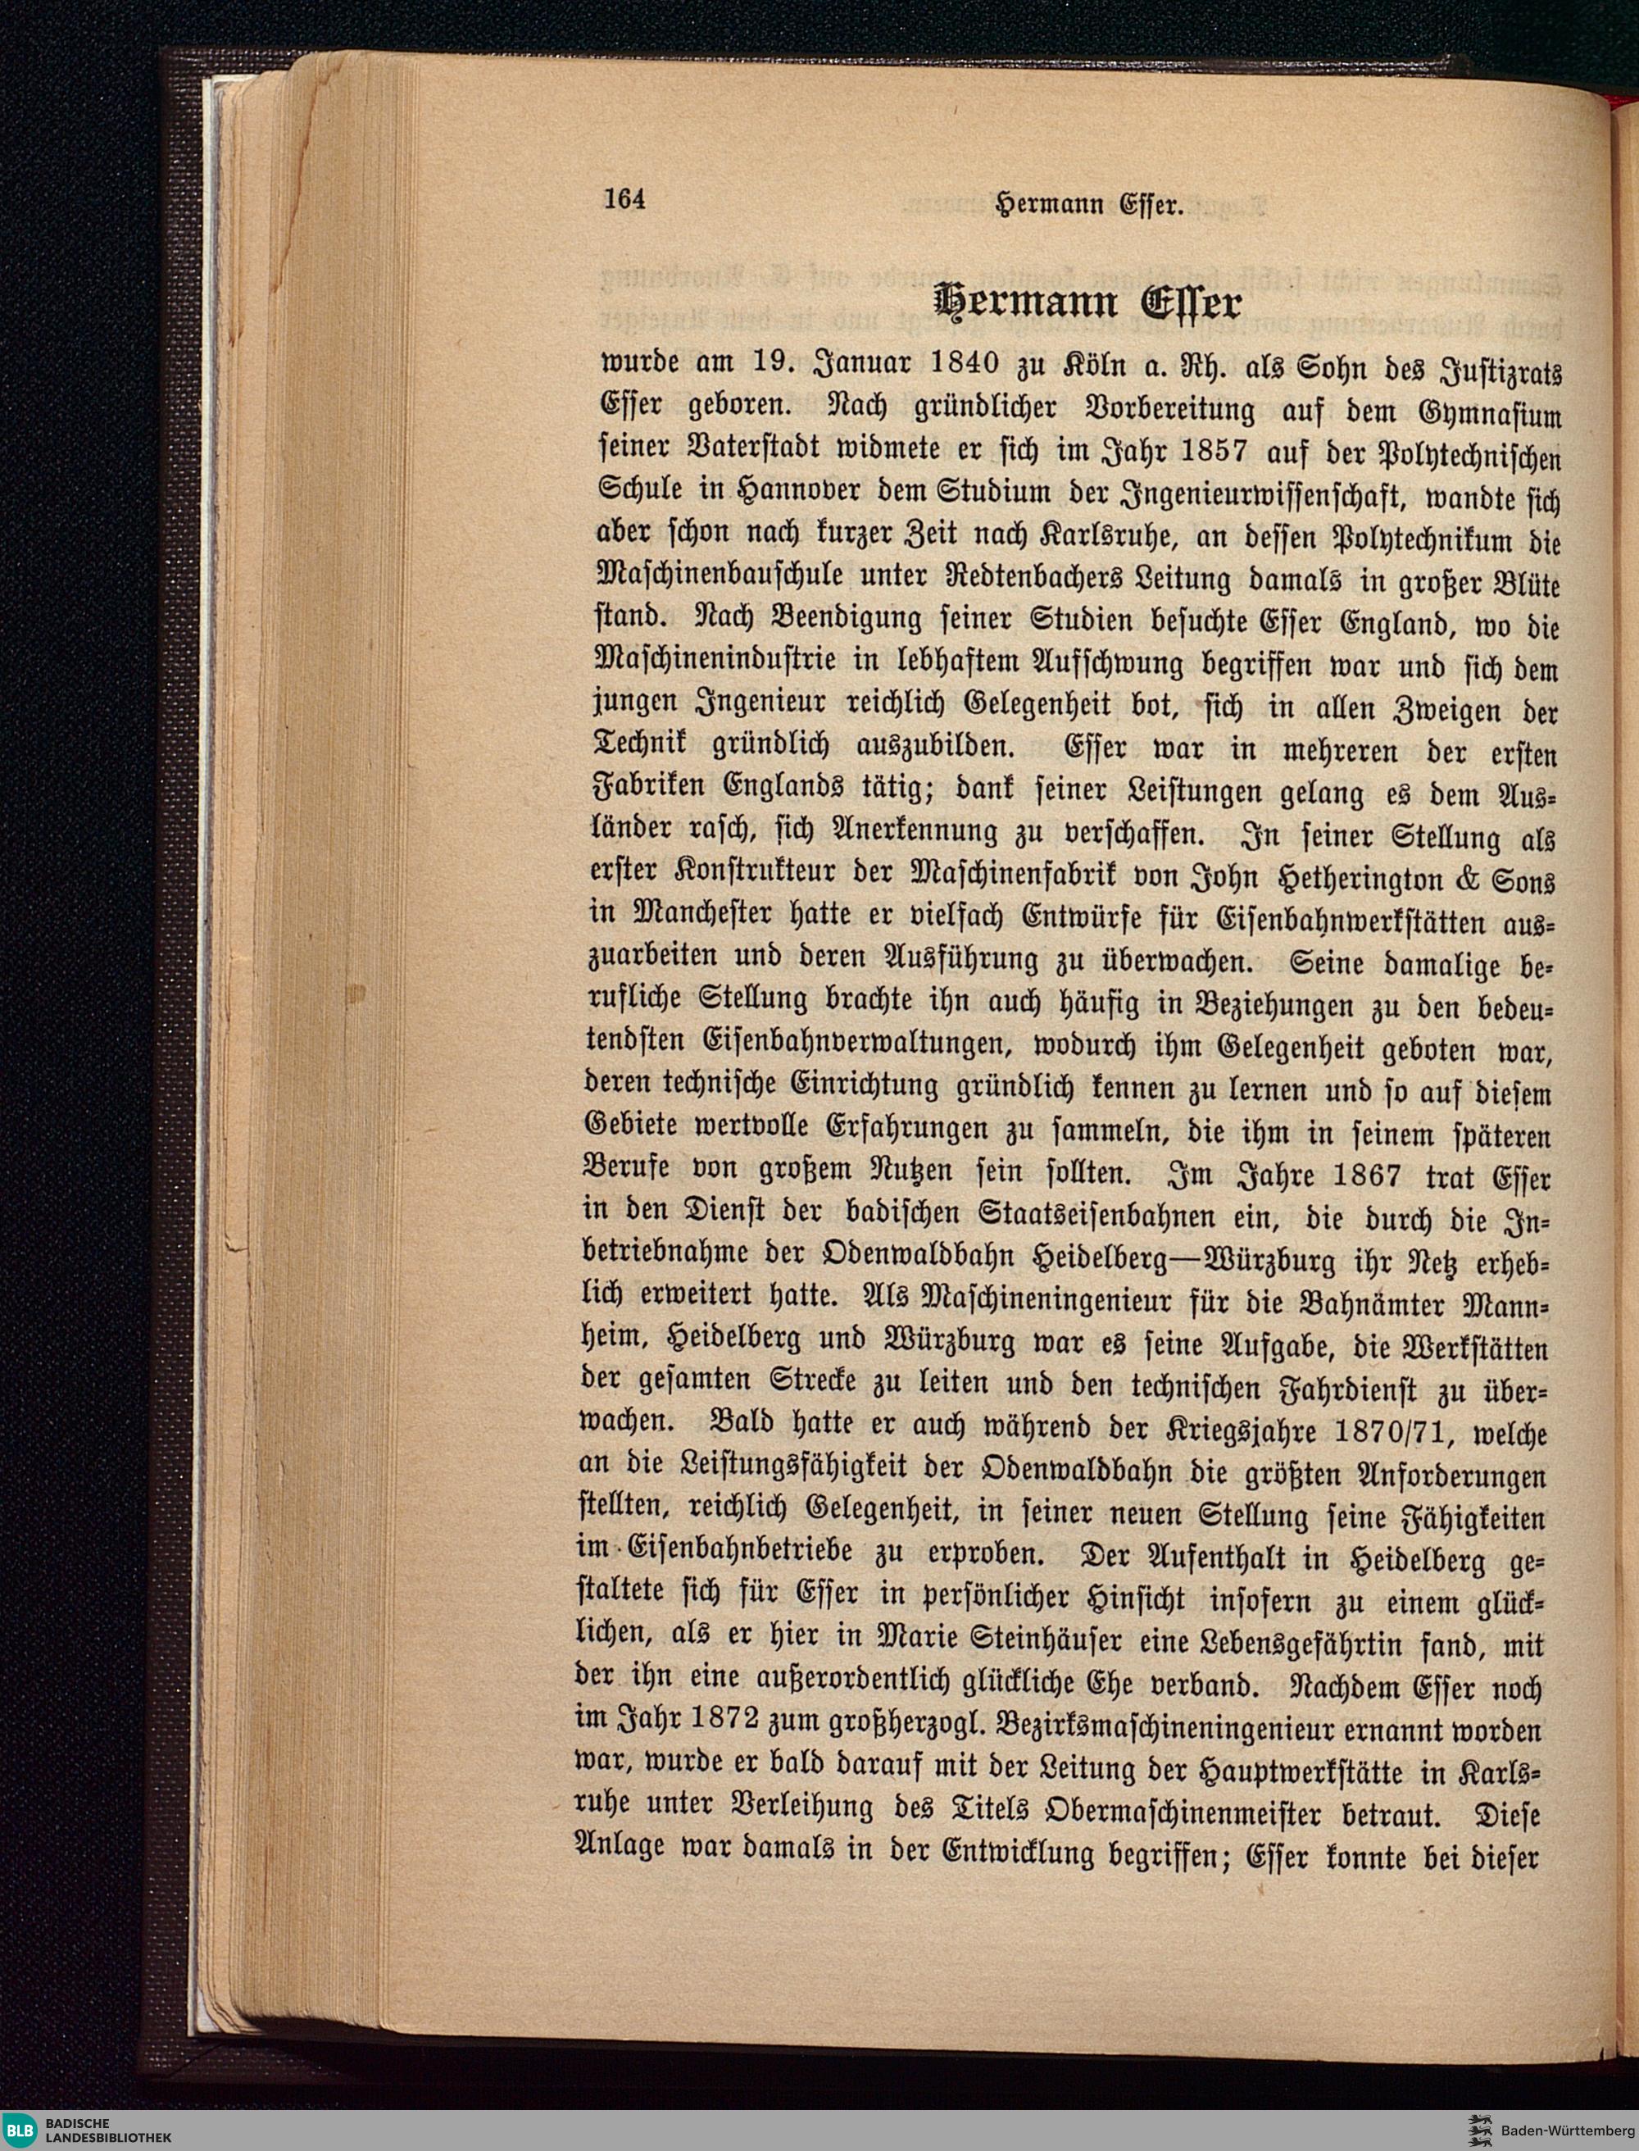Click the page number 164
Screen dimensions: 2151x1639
(624, 199)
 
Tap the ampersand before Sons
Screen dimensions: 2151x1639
(1467, 880)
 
